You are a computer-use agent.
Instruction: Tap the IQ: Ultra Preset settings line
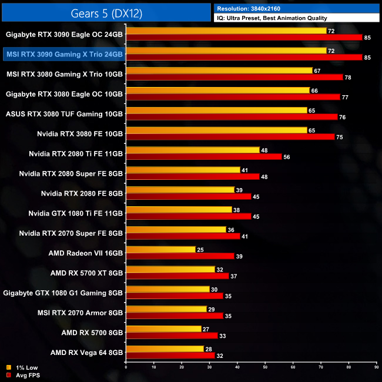[x=272, y=18]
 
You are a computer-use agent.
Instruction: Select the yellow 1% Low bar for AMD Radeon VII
[x=160, y=250]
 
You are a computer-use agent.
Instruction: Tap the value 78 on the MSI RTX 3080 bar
[x=347, y=78]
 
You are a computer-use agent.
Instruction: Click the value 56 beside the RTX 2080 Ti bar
[x=287, y=157]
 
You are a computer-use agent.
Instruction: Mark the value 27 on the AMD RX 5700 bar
[x=206, y=329]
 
